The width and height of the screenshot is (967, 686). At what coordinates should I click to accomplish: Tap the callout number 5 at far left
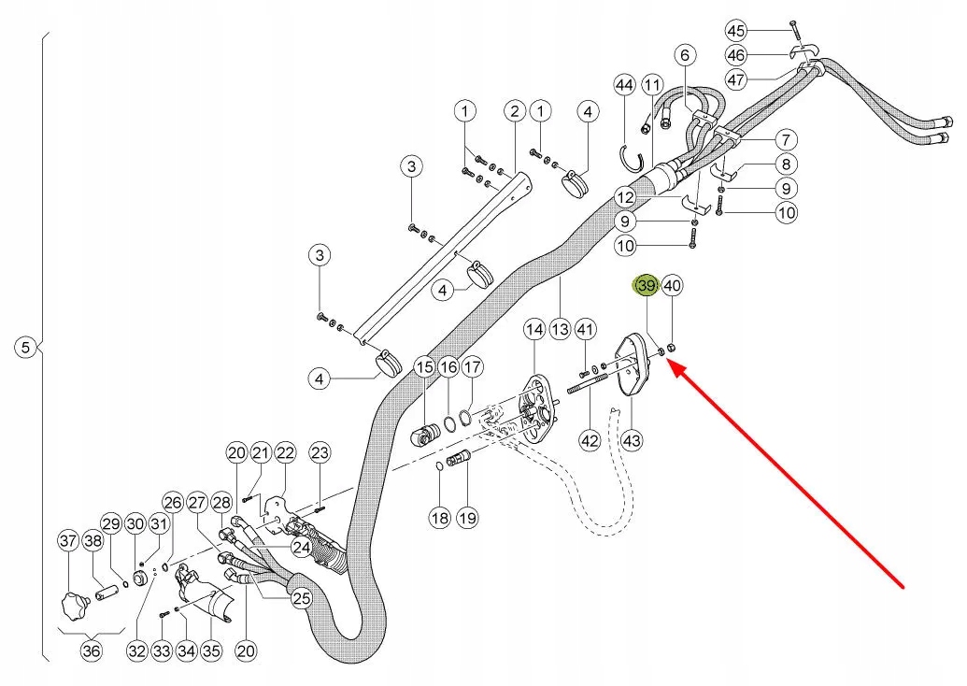click(25, 348)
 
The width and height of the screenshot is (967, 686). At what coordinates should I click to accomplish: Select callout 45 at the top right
click(736, 30)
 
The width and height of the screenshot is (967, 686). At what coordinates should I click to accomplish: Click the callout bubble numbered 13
click(560, 329)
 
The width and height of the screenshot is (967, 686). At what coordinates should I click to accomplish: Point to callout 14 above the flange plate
click(533, 329)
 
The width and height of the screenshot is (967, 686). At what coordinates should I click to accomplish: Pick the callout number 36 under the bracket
click(91, 651)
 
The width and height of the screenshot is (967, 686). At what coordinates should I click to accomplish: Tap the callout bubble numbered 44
click(625, 86)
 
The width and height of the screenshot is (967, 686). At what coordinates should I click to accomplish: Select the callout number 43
click(633, 439)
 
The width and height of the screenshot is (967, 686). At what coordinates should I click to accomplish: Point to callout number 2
click(514, 112)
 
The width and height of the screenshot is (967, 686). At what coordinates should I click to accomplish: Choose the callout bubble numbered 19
click(466, 516)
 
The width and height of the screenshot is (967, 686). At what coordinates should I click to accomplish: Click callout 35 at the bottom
click(211, 651)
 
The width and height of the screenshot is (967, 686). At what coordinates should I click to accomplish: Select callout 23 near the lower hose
click(320, 453)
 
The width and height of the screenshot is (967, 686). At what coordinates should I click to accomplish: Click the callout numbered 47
click(736, 80)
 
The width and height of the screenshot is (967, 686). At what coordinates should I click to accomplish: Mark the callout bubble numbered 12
click(625, 197)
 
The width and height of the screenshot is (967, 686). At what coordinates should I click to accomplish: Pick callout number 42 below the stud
click(590, 439)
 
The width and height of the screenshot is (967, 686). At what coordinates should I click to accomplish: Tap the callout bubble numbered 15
click(425, 367)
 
